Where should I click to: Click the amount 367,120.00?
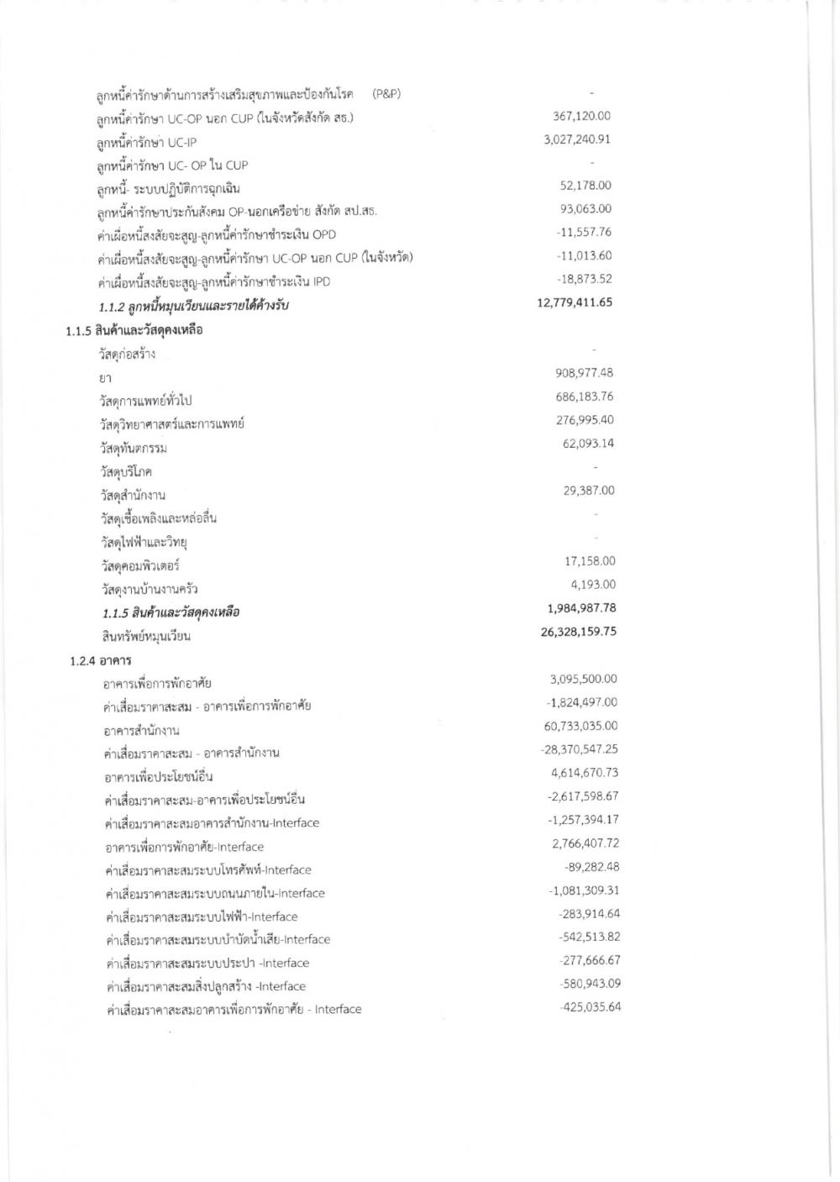[x=581, y=116]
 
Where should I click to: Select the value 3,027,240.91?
[x=577, y=139]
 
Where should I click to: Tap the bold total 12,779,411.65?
[x=575, y=302]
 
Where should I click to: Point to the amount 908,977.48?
[x=585, y=373]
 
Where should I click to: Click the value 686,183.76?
[x=585, y=397]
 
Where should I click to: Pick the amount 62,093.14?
[x=588, y=444]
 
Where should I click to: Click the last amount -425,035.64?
[x=590, y=1007]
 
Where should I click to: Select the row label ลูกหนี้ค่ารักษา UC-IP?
[x=147, y=142]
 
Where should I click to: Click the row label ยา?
[x=106, y=378]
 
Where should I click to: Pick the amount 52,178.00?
[x=586, y=186]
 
